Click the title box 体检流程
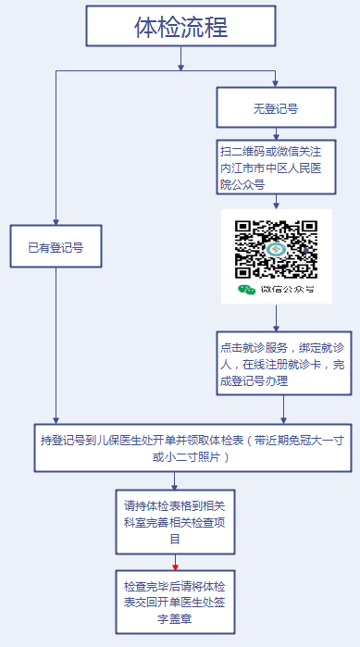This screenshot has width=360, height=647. [180, 27]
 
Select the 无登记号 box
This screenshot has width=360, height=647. [275, 107]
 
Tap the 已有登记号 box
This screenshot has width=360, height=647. [56, 247]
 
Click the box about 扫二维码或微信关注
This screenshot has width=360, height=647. [275, 166]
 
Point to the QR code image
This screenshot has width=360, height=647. [276, 249]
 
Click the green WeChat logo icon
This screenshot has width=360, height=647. [246, 290]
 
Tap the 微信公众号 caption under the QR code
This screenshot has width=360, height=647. [286, 290]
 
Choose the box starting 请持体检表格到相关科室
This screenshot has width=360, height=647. [175, 522]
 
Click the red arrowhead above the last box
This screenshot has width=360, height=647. [175, 566]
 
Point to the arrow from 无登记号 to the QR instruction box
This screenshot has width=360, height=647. [276, 134]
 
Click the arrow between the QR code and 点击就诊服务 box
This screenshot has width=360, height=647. [276, 317]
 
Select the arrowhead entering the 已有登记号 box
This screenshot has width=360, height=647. [56, 222]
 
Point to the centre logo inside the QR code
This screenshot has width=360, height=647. [276, 249]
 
